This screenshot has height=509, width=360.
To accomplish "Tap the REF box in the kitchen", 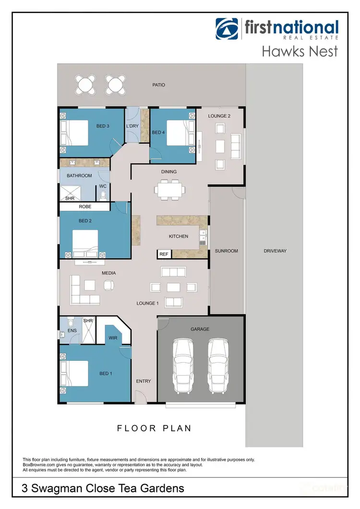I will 164,254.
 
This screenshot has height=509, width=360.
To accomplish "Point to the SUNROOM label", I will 226,251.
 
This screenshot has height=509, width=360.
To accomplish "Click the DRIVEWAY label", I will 275,251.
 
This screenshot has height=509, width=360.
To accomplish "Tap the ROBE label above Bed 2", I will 86,207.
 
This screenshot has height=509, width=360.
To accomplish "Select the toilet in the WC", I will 102,196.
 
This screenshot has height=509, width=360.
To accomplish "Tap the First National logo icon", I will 227,29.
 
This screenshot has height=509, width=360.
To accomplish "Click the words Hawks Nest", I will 300,51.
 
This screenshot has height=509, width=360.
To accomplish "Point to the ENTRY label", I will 144,381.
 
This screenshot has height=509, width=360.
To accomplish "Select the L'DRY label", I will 132,126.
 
